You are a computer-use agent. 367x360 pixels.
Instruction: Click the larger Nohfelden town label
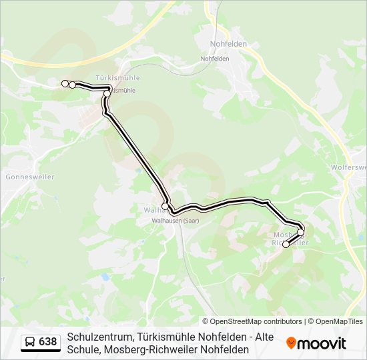click(x=228, y=43)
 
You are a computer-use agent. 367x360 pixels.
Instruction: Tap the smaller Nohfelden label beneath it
click(x=216, y=58)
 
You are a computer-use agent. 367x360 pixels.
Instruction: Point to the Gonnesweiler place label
click(x=29, y=177)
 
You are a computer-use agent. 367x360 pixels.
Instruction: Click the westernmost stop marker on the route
click(x=65, y=83)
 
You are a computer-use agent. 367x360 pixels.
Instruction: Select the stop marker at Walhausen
click(x=165, y=207)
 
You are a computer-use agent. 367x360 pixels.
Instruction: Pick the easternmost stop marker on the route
click(x=301, y=232)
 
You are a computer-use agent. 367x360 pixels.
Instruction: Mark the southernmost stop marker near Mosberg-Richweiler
click(x=286, y=245)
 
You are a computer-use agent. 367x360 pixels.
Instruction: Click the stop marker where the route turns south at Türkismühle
click(x=107, y=93)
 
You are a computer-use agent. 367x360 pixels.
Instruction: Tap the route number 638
click(x=48, y=342)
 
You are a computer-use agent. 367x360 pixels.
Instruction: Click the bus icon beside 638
click(x=30, y=343)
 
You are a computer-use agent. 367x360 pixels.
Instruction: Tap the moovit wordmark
click(x=322, y=343)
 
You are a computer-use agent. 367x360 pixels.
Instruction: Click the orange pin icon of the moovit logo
click(x=291, y=343)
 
